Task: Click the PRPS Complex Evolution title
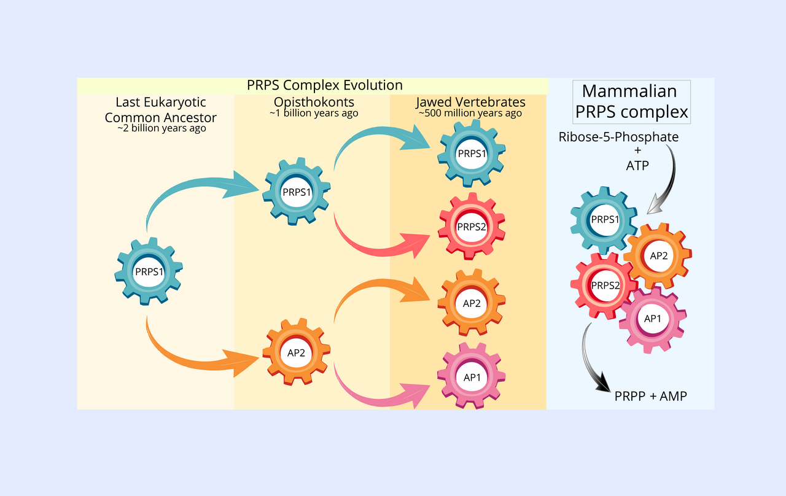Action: [x=324, y=85]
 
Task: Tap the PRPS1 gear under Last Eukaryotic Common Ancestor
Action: [x=149, y=271]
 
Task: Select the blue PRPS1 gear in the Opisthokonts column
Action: [x=297, y=191]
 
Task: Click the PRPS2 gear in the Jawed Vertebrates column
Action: [x=472, y=227]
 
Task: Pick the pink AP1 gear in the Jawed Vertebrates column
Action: [x=472, y=376]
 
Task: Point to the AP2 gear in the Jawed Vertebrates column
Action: [x=472, y=302]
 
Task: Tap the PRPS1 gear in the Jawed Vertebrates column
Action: [x=472, y=153]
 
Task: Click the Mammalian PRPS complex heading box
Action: [x=629, y=102]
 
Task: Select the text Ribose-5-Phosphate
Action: [x=618, y=137]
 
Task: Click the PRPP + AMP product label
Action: [x=650, y=397]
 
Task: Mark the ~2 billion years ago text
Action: [x=161, y=129]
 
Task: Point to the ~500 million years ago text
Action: [x=470, y=114]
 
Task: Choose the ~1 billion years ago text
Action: [x=313, y=114]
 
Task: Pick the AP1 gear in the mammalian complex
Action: [x=652, y=319]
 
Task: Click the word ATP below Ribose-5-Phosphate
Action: [x=637, y=165]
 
